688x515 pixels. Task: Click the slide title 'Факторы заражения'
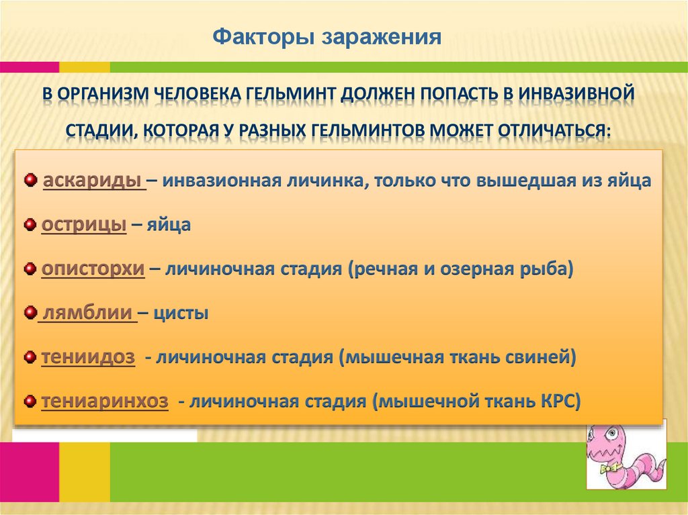pyautogui.click(x=327, y=37)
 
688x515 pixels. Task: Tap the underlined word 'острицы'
pyautogui.click(x=84, y=225)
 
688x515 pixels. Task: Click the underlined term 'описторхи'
pyautogui.click(x=93, y=269)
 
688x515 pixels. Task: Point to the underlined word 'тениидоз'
pyautogui.click(x=88, y=357)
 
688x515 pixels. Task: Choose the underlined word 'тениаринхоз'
pyautogui.click(x=104, y=402)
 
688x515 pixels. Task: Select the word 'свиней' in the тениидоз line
pyautogui.click(x=544, y=357)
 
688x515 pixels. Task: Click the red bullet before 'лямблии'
pyautogui.click(x=29, y=313)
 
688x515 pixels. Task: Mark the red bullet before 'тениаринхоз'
pyautogui.click(x=29, y=402)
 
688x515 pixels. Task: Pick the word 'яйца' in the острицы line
pyautogui.click(x=173, y=225)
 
